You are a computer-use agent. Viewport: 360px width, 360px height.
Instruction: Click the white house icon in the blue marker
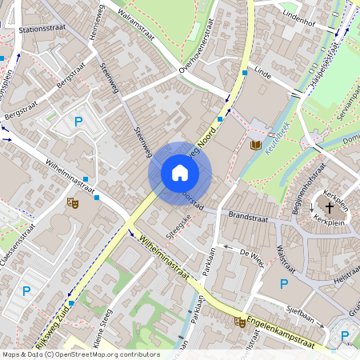pos(180,172)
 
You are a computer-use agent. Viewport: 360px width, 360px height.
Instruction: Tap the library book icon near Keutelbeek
pos(256,145)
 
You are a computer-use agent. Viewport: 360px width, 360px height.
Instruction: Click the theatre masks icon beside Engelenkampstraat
pos(239,322)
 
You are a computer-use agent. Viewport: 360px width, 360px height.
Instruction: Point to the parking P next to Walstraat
pos(283,284)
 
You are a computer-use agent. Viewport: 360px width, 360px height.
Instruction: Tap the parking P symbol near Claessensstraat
pos(26,291)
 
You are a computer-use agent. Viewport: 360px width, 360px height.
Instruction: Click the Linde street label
pos(262,72)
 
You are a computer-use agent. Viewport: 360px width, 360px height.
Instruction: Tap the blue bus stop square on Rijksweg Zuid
pos(71,303)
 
